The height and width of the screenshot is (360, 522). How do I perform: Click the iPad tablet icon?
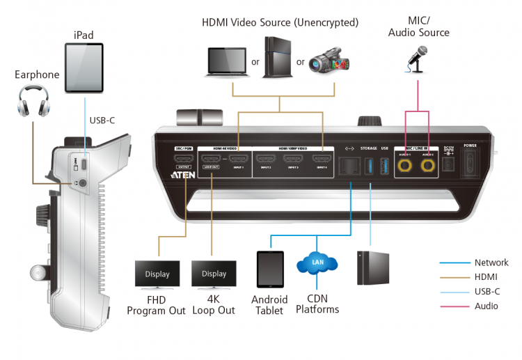point(84,68)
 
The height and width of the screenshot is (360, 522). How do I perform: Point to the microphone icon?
point(417,59)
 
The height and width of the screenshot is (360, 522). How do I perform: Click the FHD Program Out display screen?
point(157,274)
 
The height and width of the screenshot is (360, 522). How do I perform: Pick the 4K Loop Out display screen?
point(214,274)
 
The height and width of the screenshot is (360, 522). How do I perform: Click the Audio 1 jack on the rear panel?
point(404,166)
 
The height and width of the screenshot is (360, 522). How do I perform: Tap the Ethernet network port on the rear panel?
point(348,166)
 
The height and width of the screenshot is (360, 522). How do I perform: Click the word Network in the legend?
point(491,263)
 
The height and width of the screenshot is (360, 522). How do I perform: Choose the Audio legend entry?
point(487,306)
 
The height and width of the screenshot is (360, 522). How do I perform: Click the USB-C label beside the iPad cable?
point(102,120)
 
